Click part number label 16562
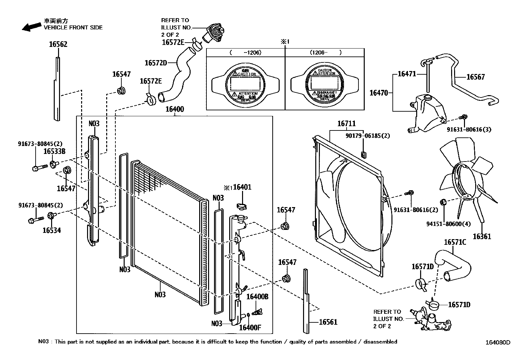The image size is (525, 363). (x=58, y=44)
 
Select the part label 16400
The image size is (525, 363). (x=174, y=109)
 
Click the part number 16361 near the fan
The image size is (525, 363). (x=482, y=236)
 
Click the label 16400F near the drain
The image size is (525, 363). (x=250, y=327)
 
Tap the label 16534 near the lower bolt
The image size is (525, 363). (x=52, y=230)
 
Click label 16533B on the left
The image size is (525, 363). (x=54, y=151)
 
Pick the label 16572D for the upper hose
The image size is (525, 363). (x=156, y=63)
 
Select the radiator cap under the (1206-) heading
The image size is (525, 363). (x=324, y=83)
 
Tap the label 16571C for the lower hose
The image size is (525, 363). (x=455, y=242)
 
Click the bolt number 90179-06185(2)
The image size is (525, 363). (x=368, y=136)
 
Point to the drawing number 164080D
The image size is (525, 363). (x=497, y=343)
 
